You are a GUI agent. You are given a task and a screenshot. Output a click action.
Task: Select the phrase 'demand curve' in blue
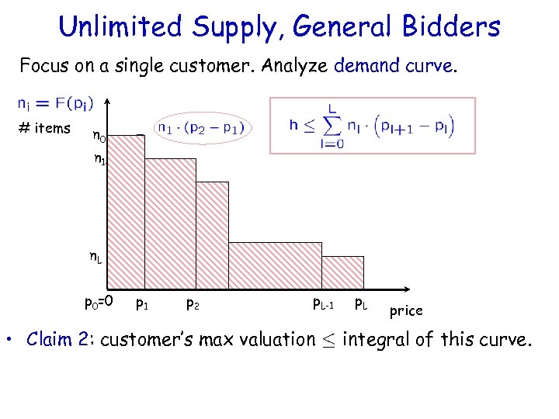pyautogui.click(x=393, y=66)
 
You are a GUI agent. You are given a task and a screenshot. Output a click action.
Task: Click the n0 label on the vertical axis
pyautogui.click(x=99, y=137)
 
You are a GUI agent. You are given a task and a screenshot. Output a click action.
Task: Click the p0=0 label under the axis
pyautogui.click(x=99, y=301)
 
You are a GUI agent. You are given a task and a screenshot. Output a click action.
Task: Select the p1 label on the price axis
pyautogui.click(x=143, y=303)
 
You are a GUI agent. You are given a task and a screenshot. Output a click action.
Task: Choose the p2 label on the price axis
pyautogui.click(x=192, y=303)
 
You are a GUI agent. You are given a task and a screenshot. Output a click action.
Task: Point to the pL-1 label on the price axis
pyautogui.click(x=322, y=303)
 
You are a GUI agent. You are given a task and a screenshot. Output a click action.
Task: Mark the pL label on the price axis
pyautogui.click(x=361, y=303)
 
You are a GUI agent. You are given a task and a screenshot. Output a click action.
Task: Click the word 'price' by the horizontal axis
pyautogui.click(x=405, y=311)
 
